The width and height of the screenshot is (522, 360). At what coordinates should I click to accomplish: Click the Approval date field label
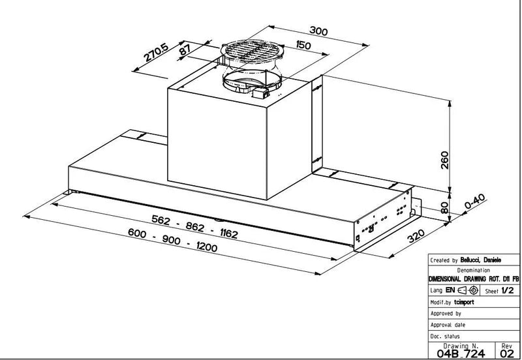(x=448, y=324)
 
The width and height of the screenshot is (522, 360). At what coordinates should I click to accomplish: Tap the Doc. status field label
(x=444, y=335)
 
